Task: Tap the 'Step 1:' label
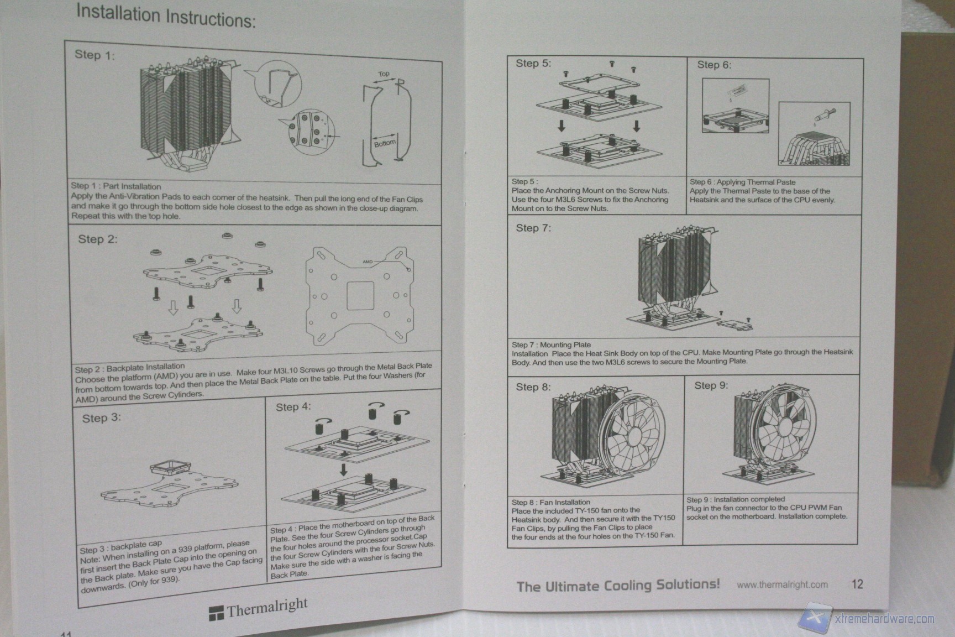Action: [95, 55]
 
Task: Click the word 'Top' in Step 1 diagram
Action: [384, 74]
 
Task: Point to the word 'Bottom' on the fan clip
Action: [385, 143]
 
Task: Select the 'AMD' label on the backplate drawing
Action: [368, 262]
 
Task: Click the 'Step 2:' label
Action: [98, 239]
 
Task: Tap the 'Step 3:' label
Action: [102, 418]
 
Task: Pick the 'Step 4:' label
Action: [293, 407]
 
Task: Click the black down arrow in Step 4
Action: [343, 470]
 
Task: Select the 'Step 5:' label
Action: [533, 63]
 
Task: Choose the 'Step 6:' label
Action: [714, 65]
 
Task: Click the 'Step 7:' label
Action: [533, 228]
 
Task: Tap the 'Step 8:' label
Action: [533, 387]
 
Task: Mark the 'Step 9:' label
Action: [711, 385]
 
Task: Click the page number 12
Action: [857, 584]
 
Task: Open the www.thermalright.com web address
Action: [782, 584]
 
